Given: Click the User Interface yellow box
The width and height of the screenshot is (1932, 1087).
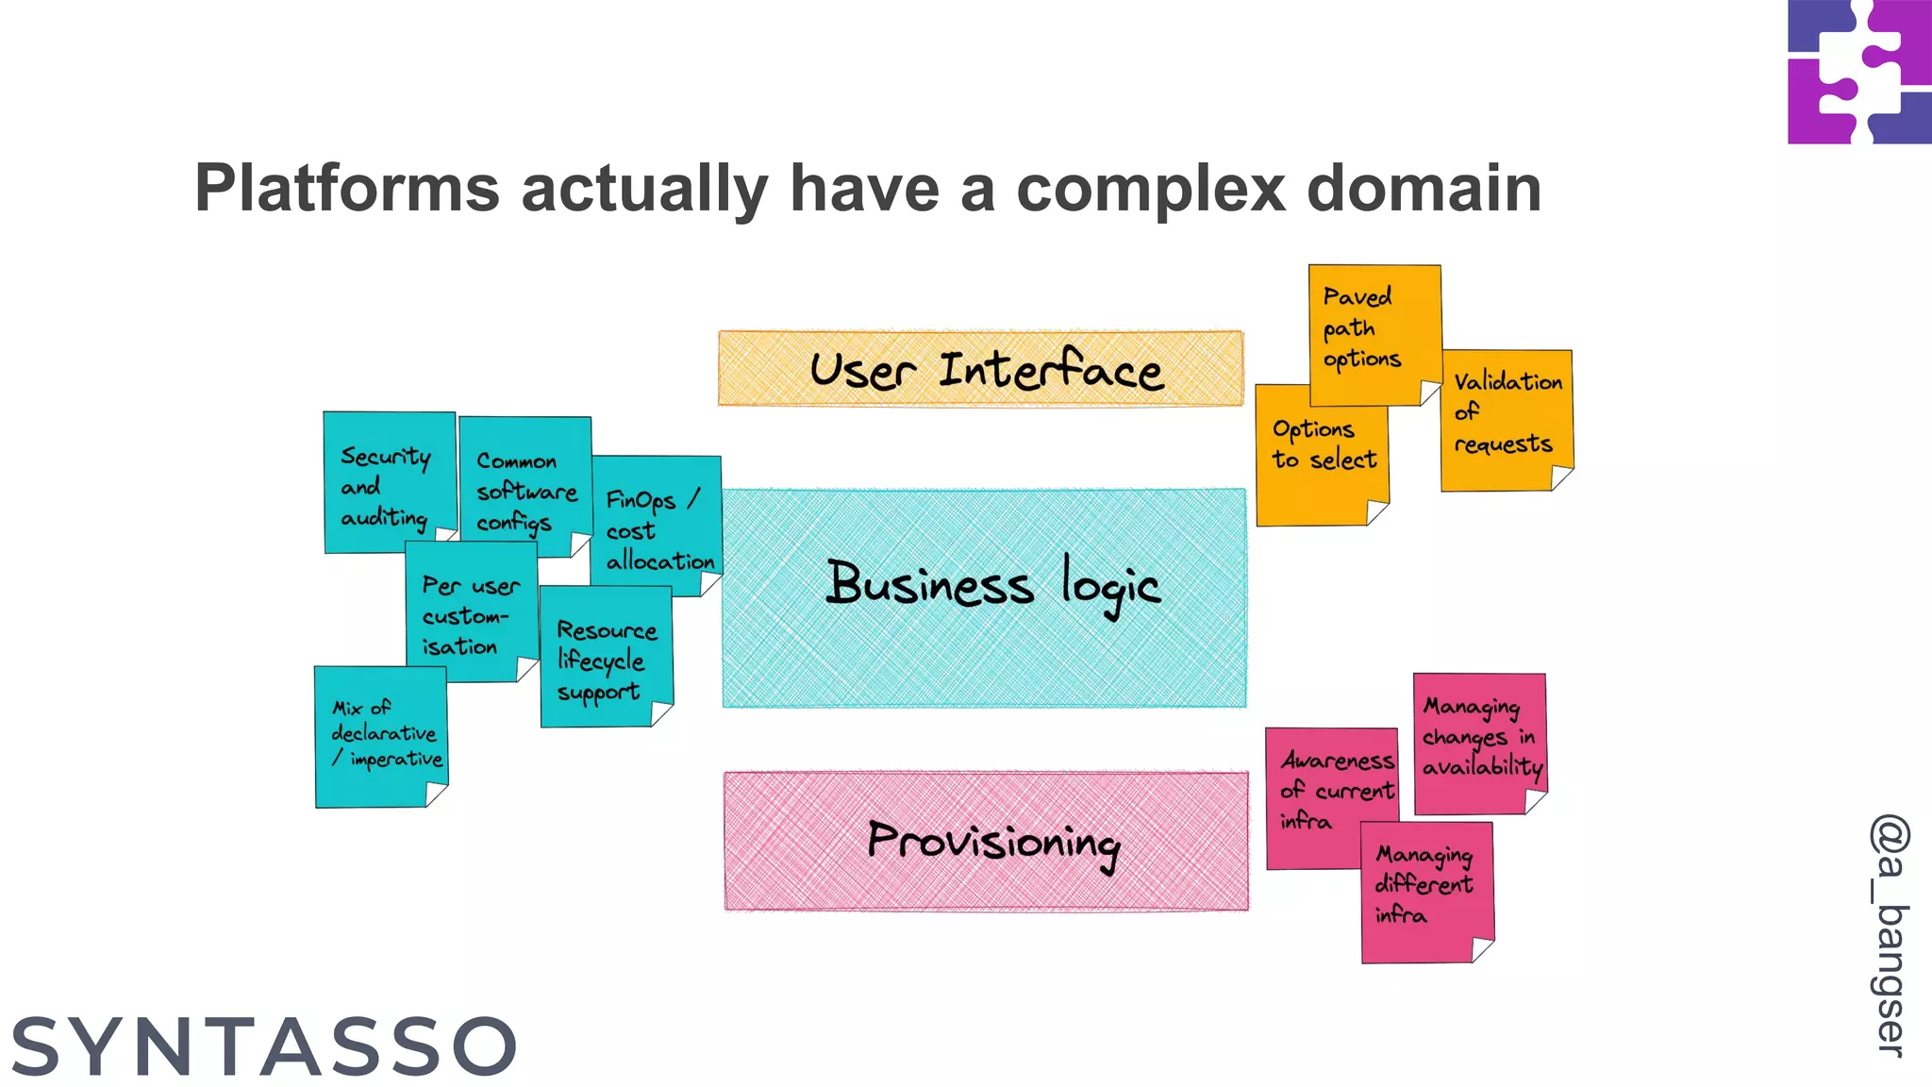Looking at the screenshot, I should pyautogui.click(x=981, y=368).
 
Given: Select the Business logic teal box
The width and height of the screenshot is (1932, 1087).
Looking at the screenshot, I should pyautogui.click(x=984, y=596).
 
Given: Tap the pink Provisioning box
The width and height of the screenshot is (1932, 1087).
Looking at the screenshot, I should pyautogui.click(x=986, y=841).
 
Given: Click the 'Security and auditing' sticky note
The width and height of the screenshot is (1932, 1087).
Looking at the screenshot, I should pyautogui.click(x=387, y=486).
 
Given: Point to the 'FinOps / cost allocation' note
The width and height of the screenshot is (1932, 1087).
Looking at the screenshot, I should pyautogui.click(x=658, y=528).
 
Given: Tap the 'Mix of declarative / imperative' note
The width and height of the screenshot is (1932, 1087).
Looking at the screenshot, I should pyautogui.click(x=381, y=736).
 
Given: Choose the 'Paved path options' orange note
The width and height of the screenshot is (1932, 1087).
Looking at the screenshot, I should pyautogui.click(x=1374, y=330).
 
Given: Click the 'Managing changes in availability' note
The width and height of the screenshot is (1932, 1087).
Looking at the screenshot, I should pyautogui.click(x=1479, y=741).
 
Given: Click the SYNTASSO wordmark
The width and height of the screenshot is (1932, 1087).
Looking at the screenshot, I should pyautogui.click(x=264, y=1046).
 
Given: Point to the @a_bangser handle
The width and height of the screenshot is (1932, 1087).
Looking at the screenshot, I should pyautogui.click(x=1890, y=934).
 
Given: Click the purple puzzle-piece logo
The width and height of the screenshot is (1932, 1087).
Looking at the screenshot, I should pyautogui.click(x=1858, y=72).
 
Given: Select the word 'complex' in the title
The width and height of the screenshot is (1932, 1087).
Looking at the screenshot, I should pyautogui.click(x=1151, y=188).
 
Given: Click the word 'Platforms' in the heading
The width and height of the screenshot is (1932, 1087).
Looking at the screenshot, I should pyautogui.click(x=346, y=188).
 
